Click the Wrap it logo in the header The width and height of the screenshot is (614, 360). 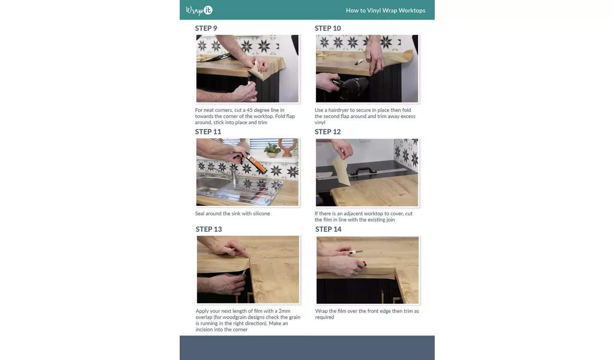199,10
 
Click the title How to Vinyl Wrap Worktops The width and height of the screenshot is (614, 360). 386,10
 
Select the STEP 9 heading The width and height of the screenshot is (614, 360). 206,28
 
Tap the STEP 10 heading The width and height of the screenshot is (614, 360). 327,28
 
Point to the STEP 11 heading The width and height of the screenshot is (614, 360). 208,132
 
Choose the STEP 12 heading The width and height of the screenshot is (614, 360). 327,132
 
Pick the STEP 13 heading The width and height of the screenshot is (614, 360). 209,229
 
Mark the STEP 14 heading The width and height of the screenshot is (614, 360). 328,229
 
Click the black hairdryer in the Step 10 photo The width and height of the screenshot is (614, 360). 350,87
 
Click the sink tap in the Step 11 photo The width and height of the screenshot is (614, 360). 233,175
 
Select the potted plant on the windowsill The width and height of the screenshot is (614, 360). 273,150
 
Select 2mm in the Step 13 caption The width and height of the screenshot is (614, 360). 284,311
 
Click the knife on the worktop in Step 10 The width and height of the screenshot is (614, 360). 359,62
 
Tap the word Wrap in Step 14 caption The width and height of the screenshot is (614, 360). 321,311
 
